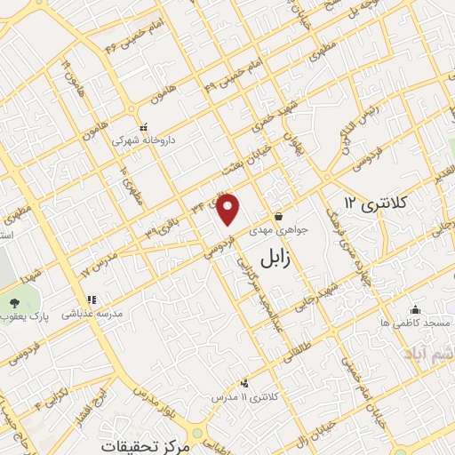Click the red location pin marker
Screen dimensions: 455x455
pyautogui.click(x=229, y=209)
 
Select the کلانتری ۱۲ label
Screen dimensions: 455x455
pyautogui.click(x=375, y=203)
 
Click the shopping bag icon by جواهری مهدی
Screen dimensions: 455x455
pyautogui.click(x=279, y=216)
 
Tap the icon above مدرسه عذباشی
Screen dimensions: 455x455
pyautogui.click(x=91, y=300)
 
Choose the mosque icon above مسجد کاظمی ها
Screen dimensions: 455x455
pyautogui.click(x=415, y=310)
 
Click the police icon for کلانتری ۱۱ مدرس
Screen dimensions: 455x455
pyautogui.click(x=244, y=383)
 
